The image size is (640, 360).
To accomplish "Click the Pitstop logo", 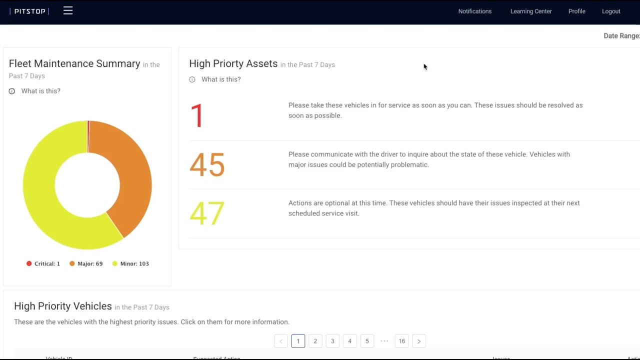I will (x=29, y=11).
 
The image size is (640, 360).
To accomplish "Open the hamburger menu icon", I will (x=68, y=10).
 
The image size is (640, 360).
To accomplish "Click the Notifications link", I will (x=474, y=11).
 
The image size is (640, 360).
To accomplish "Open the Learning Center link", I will (x=530, y=11).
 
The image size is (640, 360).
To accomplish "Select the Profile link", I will (x=576, y=11).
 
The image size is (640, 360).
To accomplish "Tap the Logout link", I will (x=611, y=11).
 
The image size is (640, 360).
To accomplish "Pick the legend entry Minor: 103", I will (x=130, y=263).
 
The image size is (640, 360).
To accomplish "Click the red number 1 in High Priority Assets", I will (x=197, y=115).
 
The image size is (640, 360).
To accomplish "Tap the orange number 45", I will (x=207, y=164).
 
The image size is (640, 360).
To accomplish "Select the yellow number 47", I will (x=207, y=213).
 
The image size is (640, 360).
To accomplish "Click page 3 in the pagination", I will (x=332, y=341).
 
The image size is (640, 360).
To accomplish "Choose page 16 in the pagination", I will (x=401, y=341).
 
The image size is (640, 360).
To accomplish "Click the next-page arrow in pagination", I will (x=419, y=341).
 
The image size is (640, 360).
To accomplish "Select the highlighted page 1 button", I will (x=298, y=341).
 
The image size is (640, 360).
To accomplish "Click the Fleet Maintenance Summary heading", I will (x=74, y=63).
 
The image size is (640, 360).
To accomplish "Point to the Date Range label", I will (x=621, y=36).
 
